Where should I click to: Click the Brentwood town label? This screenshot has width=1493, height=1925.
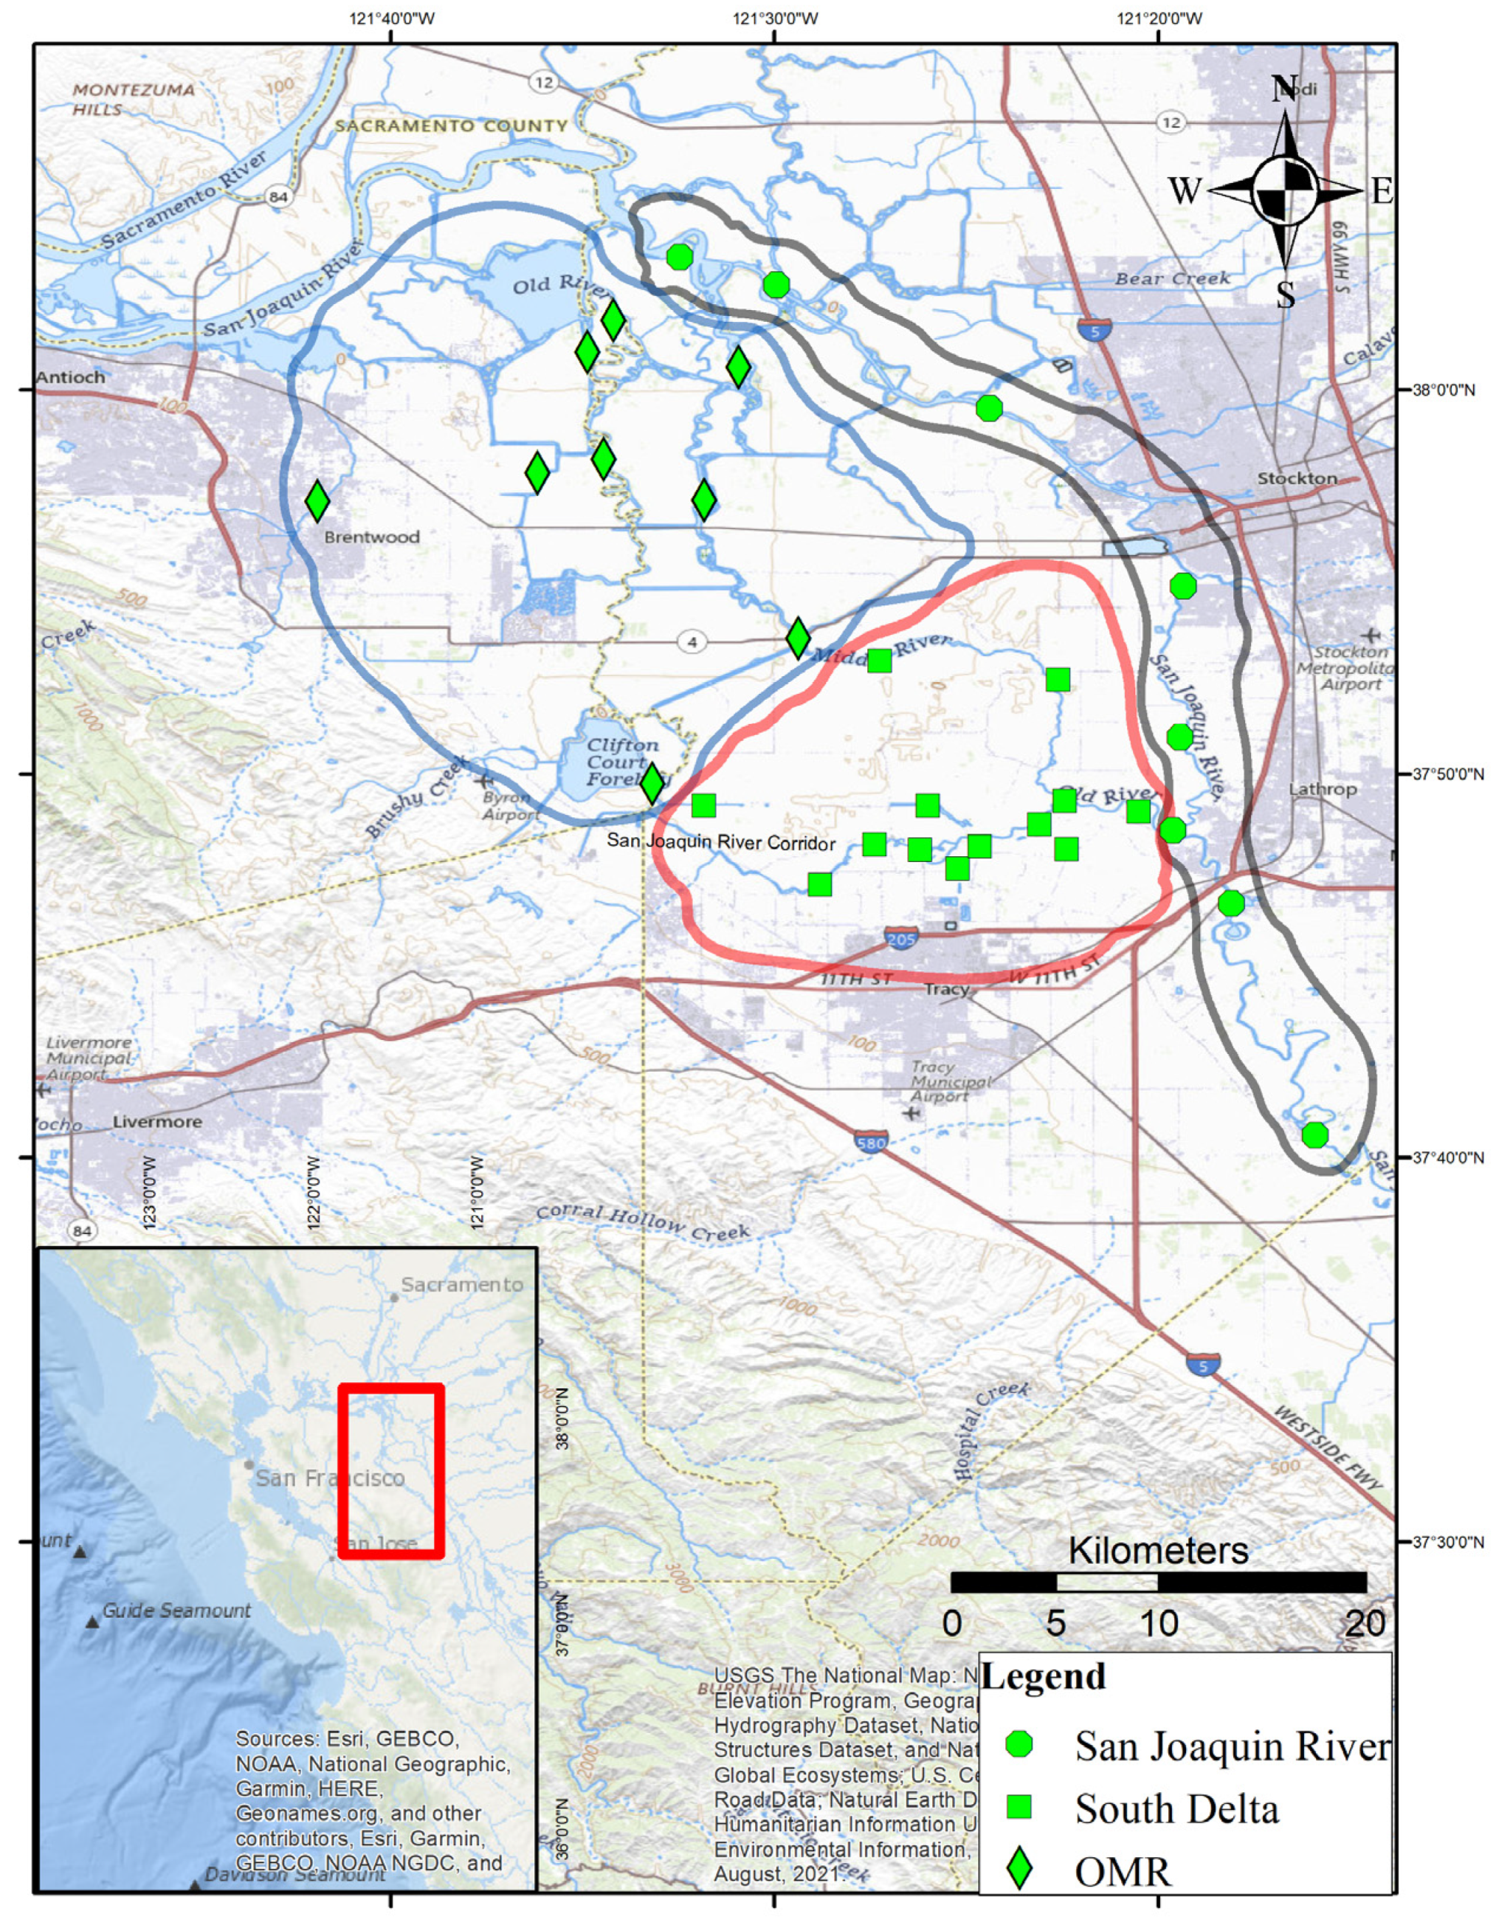[371, 537]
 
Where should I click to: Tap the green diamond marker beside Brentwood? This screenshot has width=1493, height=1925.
[317, 500]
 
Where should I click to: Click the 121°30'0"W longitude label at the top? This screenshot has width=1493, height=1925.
[775, 18]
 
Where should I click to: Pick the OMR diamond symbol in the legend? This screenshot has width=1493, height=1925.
[1019, 1870]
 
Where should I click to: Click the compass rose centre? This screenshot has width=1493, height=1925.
[1285, 189]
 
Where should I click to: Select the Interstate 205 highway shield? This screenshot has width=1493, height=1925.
[900, 938]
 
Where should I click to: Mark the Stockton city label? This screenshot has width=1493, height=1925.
[1297, 478]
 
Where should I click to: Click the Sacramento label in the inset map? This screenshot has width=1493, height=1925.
[461, 1284]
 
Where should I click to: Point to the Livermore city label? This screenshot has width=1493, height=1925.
[157, 1122]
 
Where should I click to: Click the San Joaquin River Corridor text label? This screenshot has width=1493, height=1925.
[721, 843]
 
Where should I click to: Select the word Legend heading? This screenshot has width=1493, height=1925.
[1044, 1676]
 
